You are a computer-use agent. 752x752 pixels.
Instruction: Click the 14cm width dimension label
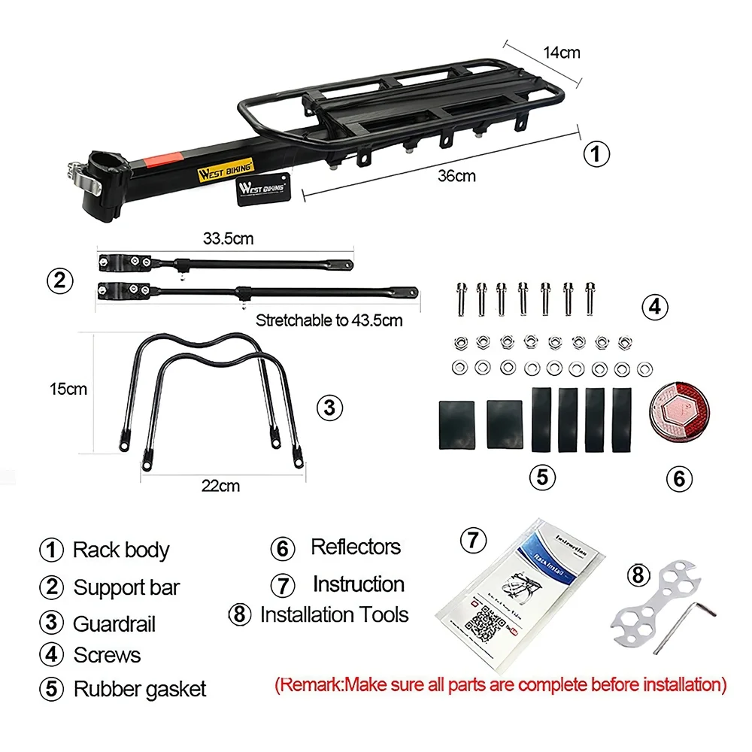562,53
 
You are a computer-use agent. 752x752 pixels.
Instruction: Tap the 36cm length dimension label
457,176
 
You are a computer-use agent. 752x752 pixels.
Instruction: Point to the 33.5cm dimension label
228,239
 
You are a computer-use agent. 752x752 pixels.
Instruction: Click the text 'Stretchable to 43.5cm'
329,320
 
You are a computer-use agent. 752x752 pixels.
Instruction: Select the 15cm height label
68,390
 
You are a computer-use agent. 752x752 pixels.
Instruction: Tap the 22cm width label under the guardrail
221,486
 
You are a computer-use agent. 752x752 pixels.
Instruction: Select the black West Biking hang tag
262,188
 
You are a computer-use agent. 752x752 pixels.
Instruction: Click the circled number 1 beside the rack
596,155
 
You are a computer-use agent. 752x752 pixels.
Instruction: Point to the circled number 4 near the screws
654,307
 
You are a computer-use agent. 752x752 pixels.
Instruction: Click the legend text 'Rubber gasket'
139,688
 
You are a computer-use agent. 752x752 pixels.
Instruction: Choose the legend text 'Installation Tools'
333,614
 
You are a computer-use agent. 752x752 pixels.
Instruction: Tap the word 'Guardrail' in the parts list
114,623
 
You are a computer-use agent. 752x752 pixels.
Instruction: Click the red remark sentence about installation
501,684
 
